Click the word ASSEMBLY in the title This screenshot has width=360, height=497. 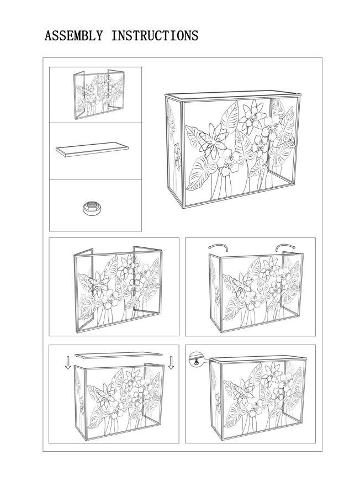pyautogui.click(x=74, y=36)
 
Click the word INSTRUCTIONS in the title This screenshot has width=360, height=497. pyautogui.click(x=155, y=36)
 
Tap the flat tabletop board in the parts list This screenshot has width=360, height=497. pyautogui.click(x=91, y=149)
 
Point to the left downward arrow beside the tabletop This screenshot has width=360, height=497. pyautogui.click(x=67, y=362)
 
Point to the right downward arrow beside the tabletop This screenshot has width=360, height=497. pyautogui.click(x=171, y=362)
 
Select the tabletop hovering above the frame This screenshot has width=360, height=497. pyautogui.click(x=119, y=354)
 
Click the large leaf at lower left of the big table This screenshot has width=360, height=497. pyautogui.click(x=199, y=171)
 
